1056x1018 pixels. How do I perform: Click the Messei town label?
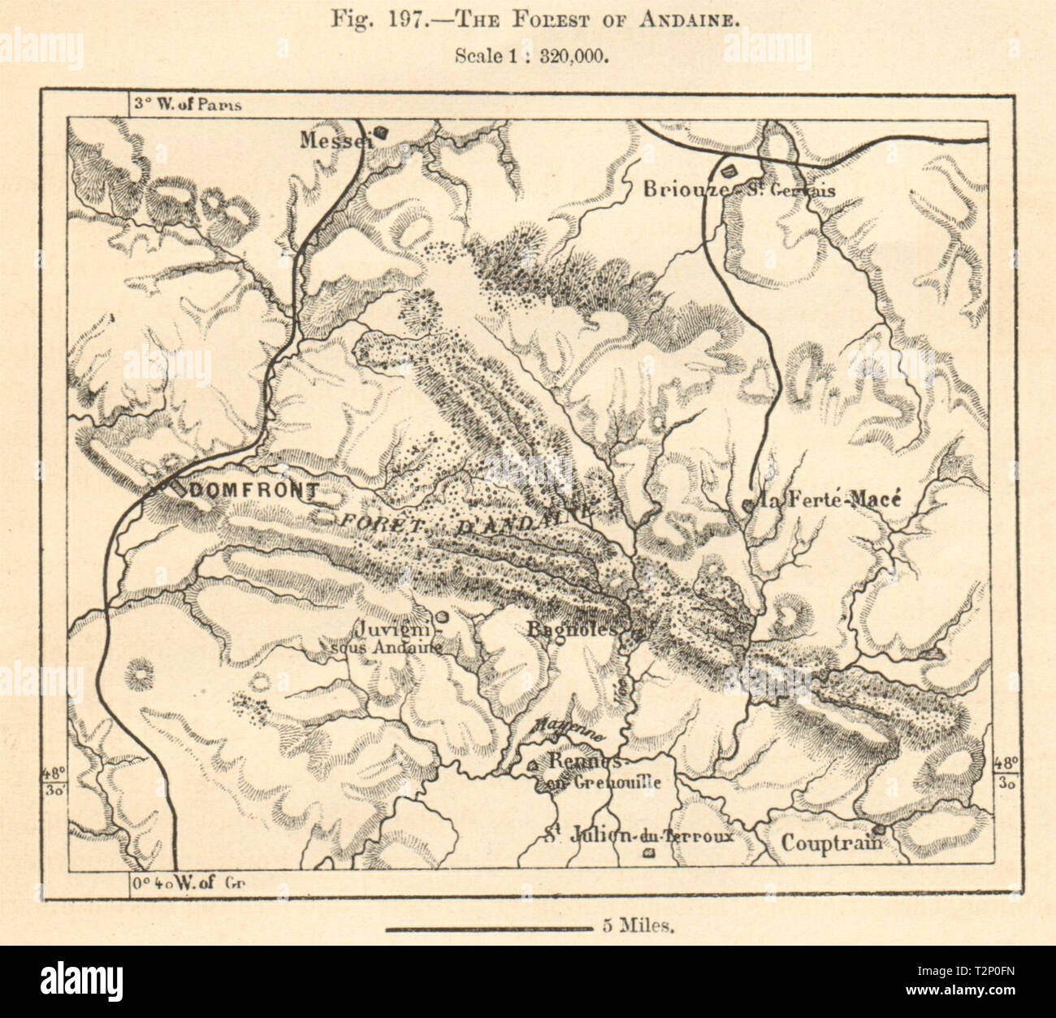point(333,140)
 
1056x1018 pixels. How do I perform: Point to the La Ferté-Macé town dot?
point(747,505)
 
